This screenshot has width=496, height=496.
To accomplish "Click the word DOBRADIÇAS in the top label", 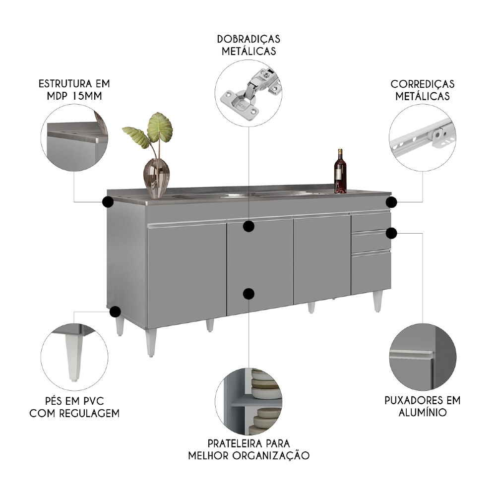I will pos(248,39).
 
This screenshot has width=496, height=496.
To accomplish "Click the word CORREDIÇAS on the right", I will pos(422,84).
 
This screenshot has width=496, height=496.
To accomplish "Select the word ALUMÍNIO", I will pos(422,413).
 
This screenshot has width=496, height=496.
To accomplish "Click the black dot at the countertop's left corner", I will pos(107,202).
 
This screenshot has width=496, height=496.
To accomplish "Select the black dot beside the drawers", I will pos(392,233).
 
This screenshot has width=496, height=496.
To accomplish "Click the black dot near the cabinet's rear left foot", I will pos(115,311).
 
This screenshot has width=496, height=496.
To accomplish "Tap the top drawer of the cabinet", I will pos(371,221).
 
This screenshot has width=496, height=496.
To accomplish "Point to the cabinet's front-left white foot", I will pos(151,342).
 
